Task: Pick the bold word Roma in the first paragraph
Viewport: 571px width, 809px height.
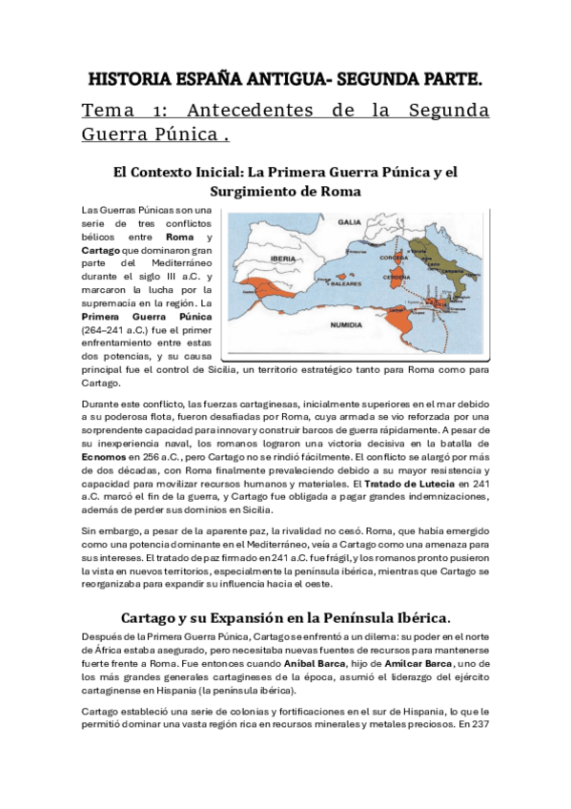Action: tap(180, 236)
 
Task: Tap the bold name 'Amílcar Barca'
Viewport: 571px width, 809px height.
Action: tap(413, 661)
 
